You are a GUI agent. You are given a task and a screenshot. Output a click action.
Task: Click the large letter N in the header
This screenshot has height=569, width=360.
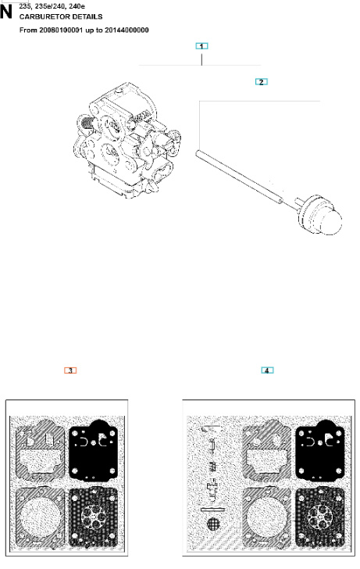(x=9, y=13)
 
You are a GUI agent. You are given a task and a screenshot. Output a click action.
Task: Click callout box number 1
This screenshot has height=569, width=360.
(x=201, y=46)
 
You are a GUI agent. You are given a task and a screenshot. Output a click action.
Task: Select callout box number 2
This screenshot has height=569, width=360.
(x=263, y=81)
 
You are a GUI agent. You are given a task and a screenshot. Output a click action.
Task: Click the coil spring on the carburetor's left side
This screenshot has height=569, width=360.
(x=87, y=123)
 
